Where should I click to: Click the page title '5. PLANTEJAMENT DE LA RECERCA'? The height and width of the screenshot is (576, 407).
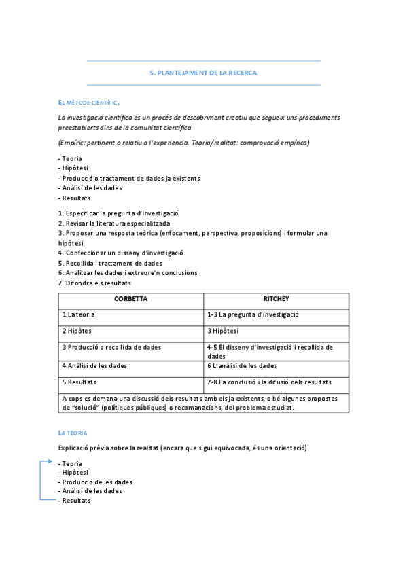203,73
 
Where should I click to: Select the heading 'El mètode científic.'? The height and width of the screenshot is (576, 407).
89,103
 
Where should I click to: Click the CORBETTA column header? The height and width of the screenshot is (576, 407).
130,299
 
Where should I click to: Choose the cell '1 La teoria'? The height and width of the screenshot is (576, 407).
79,315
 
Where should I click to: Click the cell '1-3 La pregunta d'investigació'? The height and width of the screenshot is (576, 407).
253,315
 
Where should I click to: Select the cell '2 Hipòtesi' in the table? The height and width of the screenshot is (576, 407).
77,331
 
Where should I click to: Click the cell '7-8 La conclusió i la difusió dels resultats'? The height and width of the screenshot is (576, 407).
270,382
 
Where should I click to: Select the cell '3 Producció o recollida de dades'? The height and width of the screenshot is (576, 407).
111,348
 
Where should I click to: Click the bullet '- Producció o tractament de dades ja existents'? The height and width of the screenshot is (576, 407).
129,178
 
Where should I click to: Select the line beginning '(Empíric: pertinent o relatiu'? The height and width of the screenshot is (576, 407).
183,143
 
